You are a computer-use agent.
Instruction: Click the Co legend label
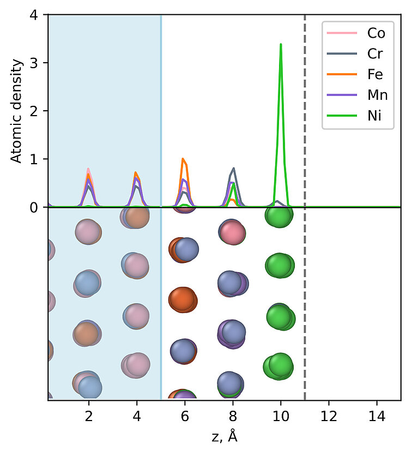pos(375,33)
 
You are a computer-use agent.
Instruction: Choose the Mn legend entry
pos(377,95)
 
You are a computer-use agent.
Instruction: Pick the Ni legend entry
pos(374,116)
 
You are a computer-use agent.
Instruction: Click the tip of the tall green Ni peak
pos(281,44)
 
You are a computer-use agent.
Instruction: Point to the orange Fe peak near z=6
pos(184,159)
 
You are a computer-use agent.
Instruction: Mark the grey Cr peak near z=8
pos(234,169)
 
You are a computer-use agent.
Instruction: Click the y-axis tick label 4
pos(34,15)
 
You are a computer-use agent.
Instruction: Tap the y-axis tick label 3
pos(34,63)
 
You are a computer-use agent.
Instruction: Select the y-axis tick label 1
pos(34,159)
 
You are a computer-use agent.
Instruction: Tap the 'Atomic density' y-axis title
pos(17,111)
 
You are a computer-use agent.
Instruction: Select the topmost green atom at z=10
pos(279,215)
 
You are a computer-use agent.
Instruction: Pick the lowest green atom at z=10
pos(278,365)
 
